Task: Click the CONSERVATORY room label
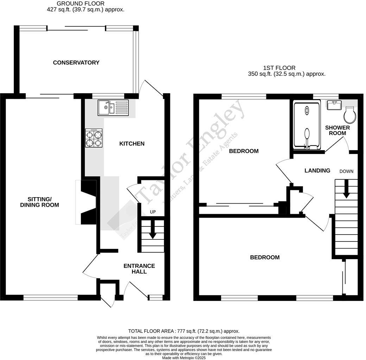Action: pyautogui.click(x=76, y=63)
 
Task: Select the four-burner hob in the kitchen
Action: pyautogui.click(x=94, y=138)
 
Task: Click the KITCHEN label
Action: pyautogui.click(x=132, y=143)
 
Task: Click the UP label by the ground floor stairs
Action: pyautogui.click(x=153, y=212)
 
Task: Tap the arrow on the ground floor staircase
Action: pyautogui.click(x=153, y=232)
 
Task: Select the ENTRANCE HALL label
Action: pyautogui.click(x=139, y=269)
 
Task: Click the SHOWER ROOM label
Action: pyautogui.click(x=337, y=130)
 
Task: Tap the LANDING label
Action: pyautogui.click(x=317, y=171)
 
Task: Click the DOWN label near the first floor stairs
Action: pyautogui.click(x=346, y=171)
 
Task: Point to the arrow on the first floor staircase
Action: pyautogui.click(x=347, y=189)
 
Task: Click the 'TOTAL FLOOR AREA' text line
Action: pyautogui.click(x=184, y=331)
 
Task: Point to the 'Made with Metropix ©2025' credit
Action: pyautogui.click(x=184, y=358)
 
